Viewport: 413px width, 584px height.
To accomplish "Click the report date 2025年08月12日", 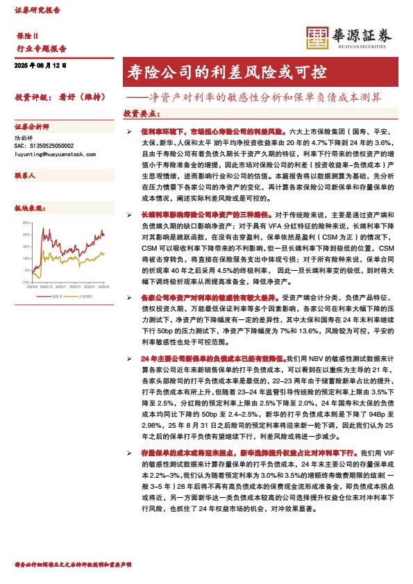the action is [x=40, y=65].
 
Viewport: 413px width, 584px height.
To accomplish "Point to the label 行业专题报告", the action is [x=41, y=48].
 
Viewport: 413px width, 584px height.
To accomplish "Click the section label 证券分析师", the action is [x=32, y=128].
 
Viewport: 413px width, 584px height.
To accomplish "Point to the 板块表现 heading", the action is [x=28, y=208].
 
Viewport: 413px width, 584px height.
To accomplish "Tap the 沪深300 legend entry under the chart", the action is [x=83, y=297].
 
